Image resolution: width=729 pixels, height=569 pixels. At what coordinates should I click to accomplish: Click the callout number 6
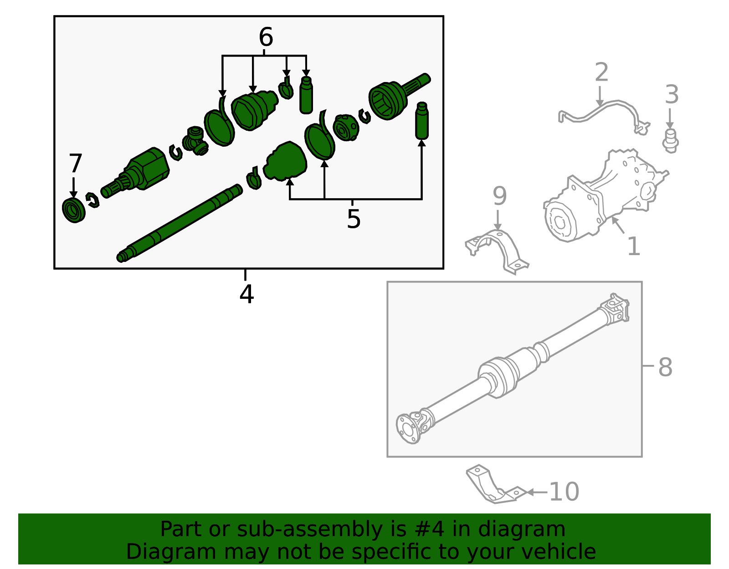[x=266, y=37]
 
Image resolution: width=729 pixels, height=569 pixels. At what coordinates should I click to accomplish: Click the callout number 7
[x=75, y=164]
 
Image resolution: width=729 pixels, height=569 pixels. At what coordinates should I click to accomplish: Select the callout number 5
[x=354, y=220]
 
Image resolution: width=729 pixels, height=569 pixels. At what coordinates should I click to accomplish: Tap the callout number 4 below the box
[x=246, y=294]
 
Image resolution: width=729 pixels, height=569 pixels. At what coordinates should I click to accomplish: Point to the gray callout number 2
[x=601, y=73]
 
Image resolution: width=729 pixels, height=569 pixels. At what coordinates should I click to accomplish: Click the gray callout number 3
[x=672, y=95]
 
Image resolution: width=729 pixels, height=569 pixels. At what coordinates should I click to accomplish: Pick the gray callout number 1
[x=634, y=247]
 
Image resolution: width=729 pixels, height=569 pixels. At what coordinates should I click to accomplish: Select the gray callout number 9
[x=499, y=196]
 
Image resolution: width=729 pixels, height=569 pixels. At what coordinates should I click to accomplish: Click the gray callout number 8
[x=665, y=367]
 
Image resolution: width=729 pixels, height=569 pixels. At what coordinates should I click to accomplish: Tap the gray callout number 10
[x=564, y=492]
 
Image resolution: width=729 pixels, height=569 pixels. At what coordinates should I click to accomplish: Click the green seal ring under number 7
[x=74, y=210]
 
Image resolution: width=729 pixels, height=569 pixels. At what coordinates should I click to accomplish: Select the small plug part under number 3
[x=670, y=141]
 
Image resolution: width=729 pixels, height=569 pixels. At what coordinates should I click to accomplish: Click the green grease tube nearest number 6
[x=306, y=95]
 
